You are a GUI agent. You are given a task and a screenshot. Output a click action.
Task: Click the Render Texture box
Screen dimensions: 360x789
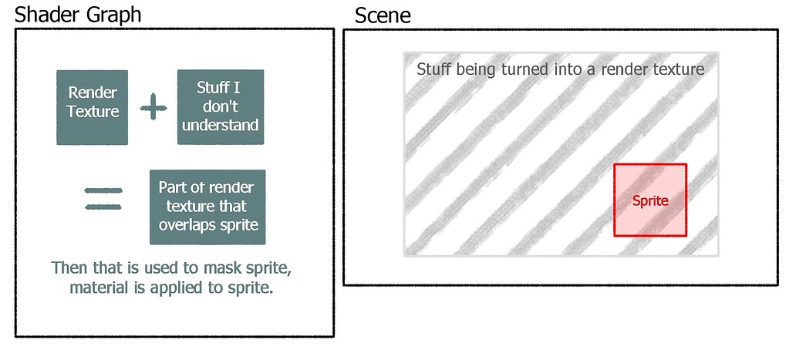click(93, 107)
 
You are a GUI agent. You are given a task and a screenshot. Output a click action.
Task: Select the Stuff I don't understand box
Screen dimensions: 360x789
click(221, 107)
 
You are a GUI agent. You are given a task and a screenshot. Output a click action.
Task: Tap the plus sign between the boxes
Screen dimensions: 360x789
click(153, 108)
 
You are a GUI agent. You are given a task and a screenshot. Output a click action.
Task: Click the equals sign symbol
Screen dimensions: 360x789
click(103, 199)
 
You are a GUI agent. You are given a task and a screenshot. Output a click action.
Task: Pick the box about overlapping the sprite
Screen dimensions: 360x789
click(207, 207)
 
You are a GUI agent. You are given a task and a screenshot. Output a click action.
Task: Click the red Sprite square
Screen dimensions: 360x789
click(650, 200)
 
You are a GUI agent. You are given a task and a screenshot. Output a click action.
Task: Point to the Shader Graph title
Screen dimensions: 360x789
click(78, 14)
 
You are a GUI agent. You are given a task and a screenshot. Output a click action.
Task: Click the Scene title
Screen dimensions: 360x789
click(383, 15)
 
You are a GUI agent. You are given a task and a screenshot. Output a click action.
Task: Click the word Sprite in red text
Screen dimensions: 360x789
click(650, 200)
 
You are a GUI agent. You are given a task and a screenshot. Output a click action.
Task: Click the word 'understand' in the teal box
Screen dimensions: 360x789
click(221, 125)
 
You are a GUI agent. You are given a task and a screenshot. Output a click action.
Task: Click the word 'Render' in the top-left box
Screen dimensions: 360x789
click(93, 93)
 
